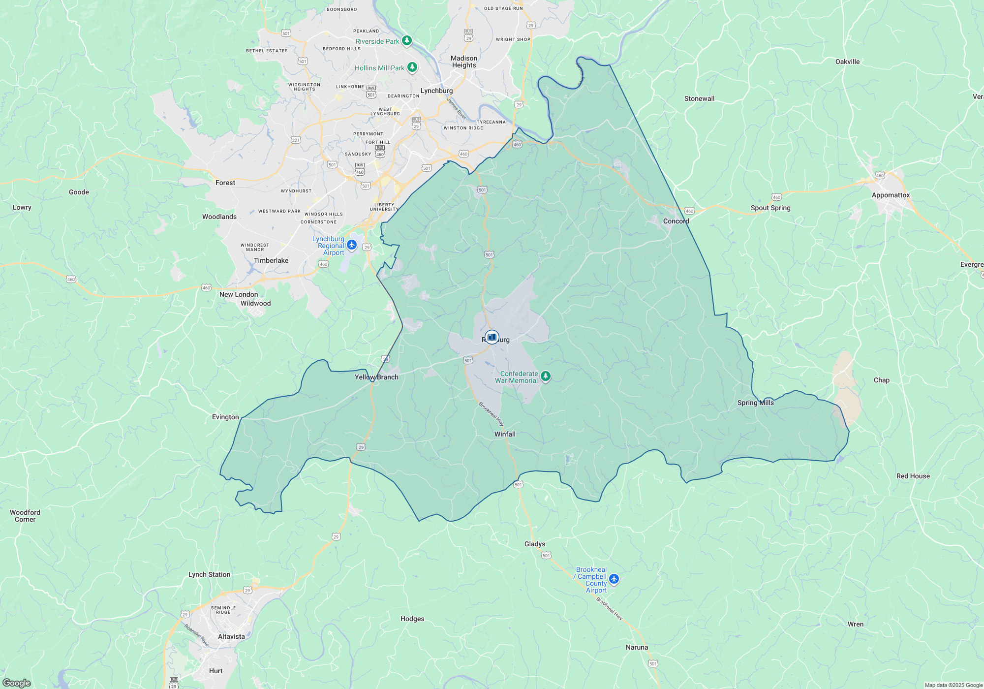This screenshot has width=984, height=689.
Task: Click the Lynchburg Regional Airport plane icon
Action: [352, 245]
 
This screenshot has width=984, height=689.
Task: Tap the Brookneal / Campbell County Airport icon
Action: [614, 579]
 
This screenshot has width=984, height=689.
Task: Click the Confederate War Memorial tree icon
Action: [545, 376]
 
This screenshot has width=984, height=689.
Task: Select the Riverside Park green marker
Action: [406, 40]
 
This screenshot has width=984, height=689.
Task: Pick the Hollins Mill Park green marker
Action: [412, 67]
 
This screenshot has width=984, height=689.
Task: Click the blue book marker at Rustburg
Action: [492, 337]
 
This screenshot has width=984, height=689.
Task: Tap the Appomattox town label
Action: [891, 195]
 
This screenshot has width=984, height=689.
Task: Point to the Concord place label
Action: [676, 221]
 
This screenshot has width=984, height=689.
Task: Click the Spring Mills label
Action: [755, 403]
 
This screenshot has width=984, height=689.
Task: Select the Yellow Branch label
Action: [376, 377]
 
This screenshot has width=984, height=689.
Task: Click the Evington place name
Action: [225, 417]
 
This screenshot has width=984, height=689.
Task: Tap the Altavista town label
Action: [231, 637]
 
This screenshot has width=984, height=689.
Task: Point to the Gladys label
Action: [534, 544]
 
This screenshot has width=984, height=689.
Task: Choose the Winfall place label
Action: [505, 435]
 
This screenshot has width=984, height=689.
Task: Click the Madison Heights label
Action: [464, 62]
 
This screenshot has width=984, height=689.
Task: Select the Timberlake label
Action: [271, 261]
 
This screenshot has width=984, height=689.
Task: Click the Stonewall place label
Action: [699, 99]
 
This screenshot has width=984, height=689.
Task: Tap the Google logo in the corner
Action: [16, 683]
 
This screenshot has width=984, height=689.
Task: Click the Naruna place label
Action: [637, 648]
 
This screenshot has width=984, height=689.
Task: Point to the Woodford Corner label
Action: [25, 516]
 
